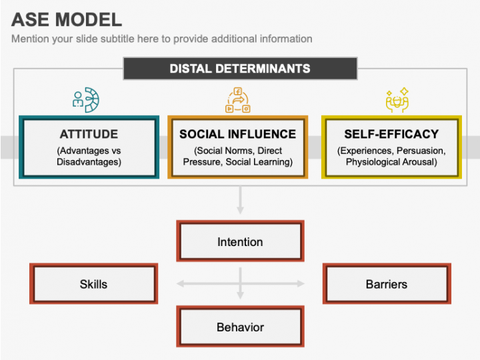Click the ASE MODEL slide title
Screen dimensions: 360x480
pyautogui.click(x=67, y=19)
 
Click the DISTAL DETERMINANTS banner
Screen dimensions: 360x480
pyautogui.click(x=240, y=69)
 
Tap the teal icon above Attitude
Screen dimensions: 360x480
pyautogui.click(x=86, y=99)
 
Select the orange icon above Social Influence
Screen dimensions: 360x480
pyautogui.click(x=238, y=100)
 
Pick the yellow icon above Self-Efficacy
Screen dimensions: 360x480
pyautogui.click(x=397, y=100)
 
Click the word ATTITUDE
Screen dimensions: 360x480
pyautogui.click(x=89, y=135)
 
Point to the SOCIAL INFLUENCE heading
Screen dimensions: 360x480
pyautogui.click(x=237, y=135)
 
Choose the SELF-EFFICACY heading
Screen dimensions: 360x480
pyautogui.click(x=391, y=135)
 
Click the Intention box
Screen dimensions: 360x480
pyautogui.click(x=240, y=241)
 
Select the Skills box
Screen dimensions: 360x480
pyautogui.click(x=93, y=284)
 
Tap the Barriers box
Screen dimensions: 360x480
pyautogui.click(x=386, y=284)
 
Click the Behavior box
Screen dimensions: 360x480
pyautogui.click(x=240, y=327)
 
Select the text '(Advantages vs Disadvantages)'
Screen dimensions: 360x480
pyautogui.click(x=89, y=156)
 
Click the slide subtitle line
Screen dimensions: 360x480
pyautogui.click(x=161, y=39)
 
